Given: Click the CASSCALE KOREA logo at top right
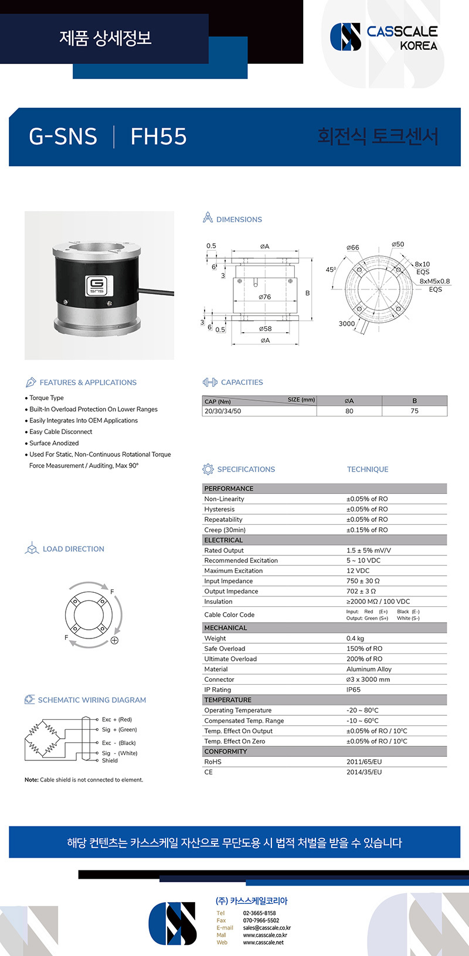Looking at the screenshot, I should pos(384,37).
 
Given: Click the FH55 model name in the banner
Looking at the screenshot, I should pos(158,136).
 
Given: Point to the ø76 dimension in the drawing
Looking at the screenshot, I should pos(265,297).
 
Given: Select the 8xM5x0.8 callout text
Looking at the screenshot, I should pos(434,281).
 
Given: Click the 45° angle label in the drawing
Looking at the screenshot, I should pos(331,270).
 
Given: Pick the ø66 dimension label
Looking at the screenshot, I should pos(353,248).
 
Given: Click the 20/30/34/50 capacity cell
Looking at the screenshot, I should pos(223,411).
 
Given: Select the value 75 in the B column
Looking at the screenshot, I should pos(414,411).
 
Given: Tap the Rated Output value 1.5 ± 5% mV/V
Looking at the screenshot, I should pos(369,551).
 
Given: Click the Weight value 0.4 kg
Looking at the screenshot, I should pos(355,639).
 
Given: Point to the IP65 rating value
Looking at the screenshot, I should pos(354,690).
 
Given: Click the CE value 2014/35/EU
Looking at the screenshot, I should pos(364,772).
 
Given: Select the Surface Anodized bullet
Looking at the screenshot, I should pos(54,443).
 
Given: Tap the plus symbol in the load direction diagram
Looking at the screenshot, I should pos(114,640).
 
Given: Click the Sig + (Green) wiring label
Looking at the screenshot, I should pos(119,730).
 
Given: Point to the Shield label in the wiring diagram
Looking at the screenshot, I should pos(110,761).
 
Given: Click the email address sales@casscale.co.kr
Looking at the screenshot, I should pos(267,928).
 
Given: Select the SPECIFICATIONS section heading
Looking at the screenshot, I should pos(246,469).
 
